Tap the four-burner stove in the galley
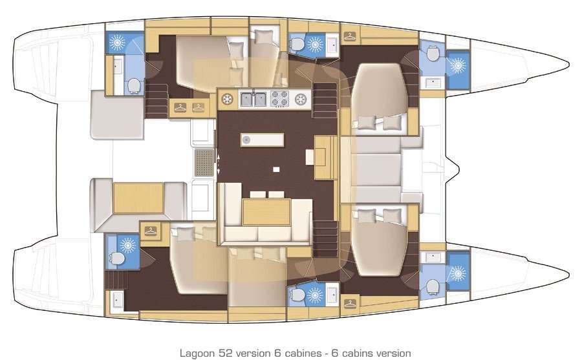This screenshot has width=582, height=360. point(279,99)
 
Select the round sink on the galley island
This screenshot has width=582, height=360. point(246,140)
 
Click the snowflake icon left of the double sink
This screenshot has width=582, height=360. point(228,99)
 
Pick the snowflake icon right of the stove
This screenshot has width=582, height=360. point(301,99)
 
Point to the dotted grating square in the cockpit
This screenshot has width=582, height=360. point(203,158)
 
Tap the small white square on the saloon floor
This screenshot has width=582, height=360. point(276,169)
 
